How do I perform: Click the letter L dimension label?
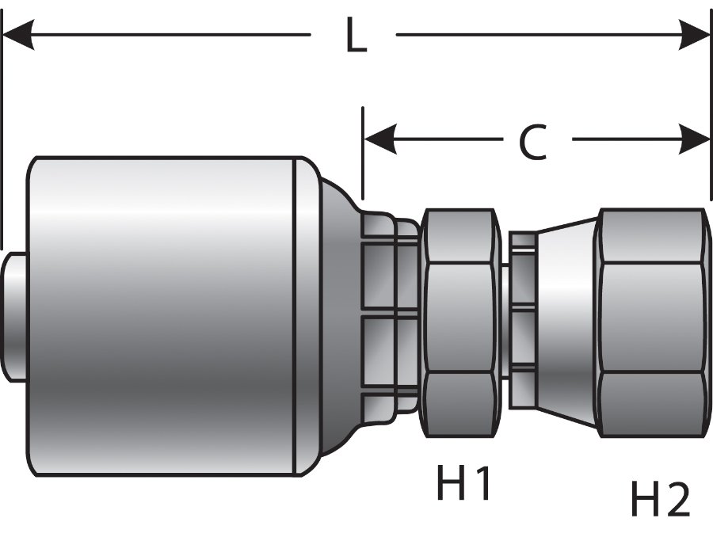click(x=356, y=35)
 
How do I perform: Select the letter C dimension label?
click(x=533, y=143)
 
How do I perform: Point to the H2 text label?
click(x=660, y=499)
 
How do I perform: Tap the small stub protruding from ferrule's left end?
click(x=14, y=317)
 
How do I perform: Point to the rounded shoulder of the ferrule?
click(x=337, y=317)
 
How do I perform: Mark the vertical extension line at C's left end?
click(x=362, y=154)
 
